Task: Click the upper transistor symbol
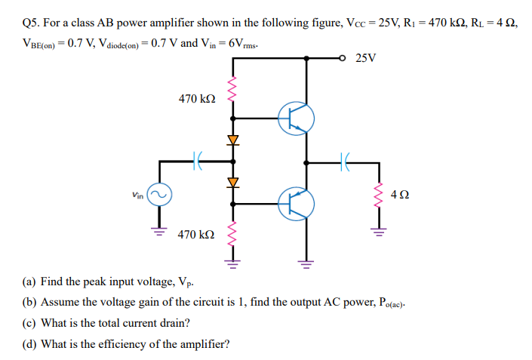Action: [295, 118]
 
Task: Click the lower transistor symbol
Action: [295, 203]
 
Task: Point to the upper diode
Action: [232, 140]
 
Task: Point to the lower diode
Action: [232, 182]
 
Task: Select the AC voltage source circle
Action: [159, 195]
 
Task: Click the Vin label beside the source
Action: [136, 195]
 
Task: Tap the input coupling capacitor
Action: [198, 161]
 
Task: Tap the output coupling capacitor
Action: [344, 161]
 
